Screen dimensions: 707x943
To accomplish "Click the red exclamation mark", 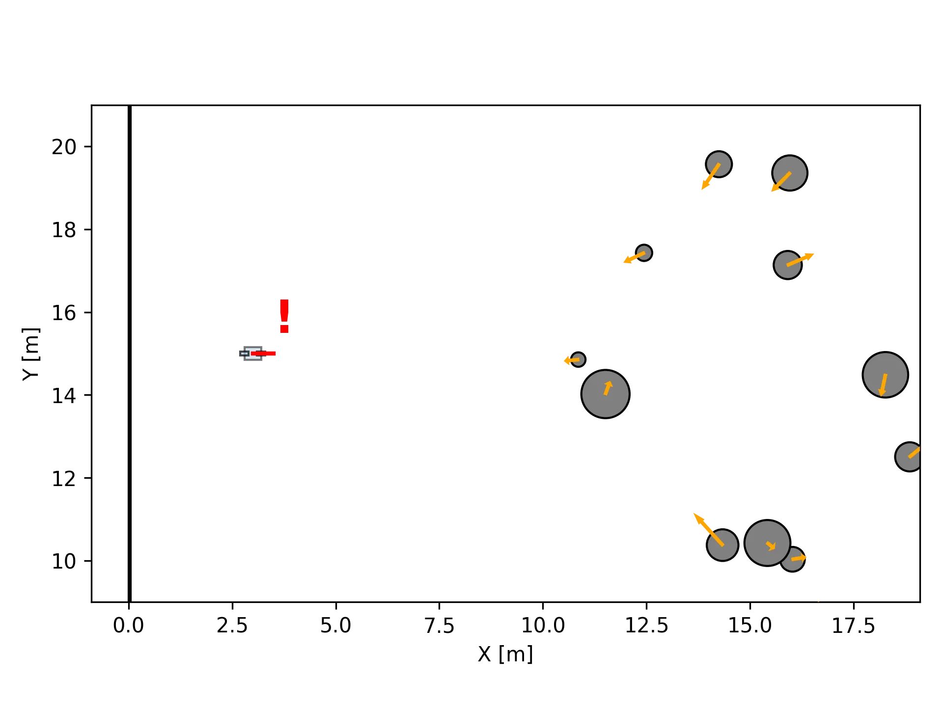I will [285, 316].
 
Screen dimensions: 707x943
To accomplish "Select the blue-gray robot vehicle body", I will [251, 353].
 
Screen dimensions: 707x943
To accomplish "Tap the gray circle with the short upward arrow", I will [605, 394].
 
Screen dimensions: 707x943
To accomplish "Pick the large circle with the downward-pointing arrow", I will [885, 375].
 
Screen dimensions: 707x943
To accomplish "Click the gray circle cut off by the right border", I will [909, 457].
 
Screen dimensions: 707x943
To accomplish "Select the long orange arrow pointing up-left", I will [708, 529].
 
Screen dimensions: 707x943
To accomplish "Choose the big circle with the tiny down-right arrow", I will [767, 543].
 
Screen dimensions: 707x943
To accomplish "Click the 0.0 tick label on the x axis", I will [128, 626].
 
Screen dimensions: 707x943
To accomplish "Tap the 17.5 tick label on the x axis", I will [855, 626].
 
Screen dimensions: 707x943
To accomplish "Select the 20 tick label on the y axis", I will [64, 147].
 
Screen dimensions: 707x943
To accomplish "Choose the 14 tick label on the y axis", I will [64, 395].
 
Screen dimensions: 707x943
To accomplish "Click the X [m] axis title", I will [504, 655].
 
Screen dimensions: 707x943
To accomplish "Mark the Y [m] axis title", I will [30, 354].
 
